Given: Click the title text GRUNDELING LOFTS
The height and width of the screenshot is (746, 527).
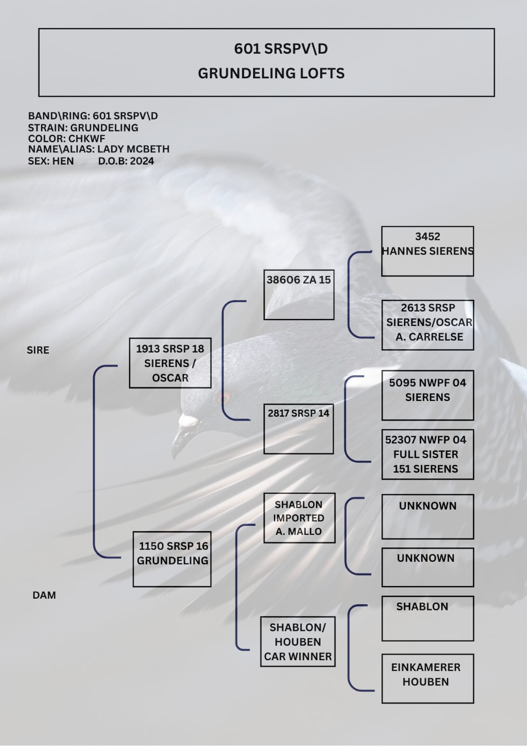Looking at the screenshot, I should tap(271, 73).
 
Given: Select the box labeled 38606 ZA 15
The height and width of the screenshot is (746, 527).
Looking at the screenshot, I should tap(299, 295).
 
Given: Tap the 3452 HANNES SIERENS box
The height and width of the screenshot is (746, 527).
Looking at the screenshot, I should tap(427, 251).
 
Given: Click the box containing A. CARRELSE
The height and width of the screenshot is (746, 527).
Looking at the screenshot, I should tap(428, 325).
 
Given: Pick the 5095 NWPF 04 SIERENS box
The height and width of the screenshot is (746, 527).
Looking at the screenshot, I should tap(427, 395).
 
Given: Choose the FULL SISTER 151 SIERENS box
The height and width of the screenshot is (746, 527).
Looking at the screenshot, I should tap(427, 455).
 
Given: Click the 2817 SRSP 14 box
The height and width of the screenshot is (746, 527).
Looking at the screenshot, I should tap(299, 429).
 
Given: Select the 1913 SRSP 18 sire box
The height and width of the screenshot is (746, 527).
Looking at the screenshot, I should tap(170, 363).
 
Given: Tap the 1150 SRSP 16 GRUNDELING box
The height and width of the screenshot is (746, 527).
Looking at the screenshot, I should tap(172, 559).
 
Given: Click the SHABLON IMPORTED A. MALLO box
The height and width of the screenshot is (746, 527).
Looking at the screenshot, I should tap(299, 518).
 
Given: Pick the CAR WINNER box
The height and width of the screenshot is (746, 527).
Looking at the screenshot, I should tap(298, 642).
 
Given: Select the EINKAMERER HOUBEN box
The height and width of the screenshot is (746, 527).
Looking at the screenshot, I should tap(427, 678).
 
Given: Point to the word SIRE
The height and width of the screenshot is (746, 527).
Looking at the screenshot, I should tap(38, 350).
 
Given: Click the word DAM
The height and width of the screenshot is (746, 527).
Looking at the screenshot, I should tap(44, 595).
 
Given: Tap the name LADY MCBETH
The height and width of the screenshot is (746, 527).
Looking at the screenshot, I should tap(133, 149).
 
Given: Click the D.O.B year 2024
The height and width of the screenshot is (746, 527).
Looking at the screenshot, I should tap(142, 161).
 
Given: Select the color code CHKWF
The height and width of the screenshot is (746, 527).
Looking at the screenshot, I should tap(87, 138).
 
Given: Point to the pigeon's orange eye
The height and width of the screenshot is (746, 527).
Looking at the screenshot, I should tap(224, 398).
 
